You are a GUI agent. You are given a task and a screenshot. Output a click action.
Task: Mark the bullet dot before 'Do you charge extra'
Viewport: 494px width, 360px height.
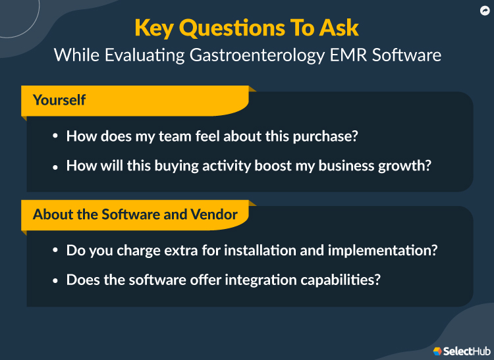tap(55, 251)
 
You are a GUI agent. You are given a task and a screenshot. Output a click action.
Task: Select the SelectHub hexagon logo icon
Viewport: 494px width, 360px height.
tap(437, 351)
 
